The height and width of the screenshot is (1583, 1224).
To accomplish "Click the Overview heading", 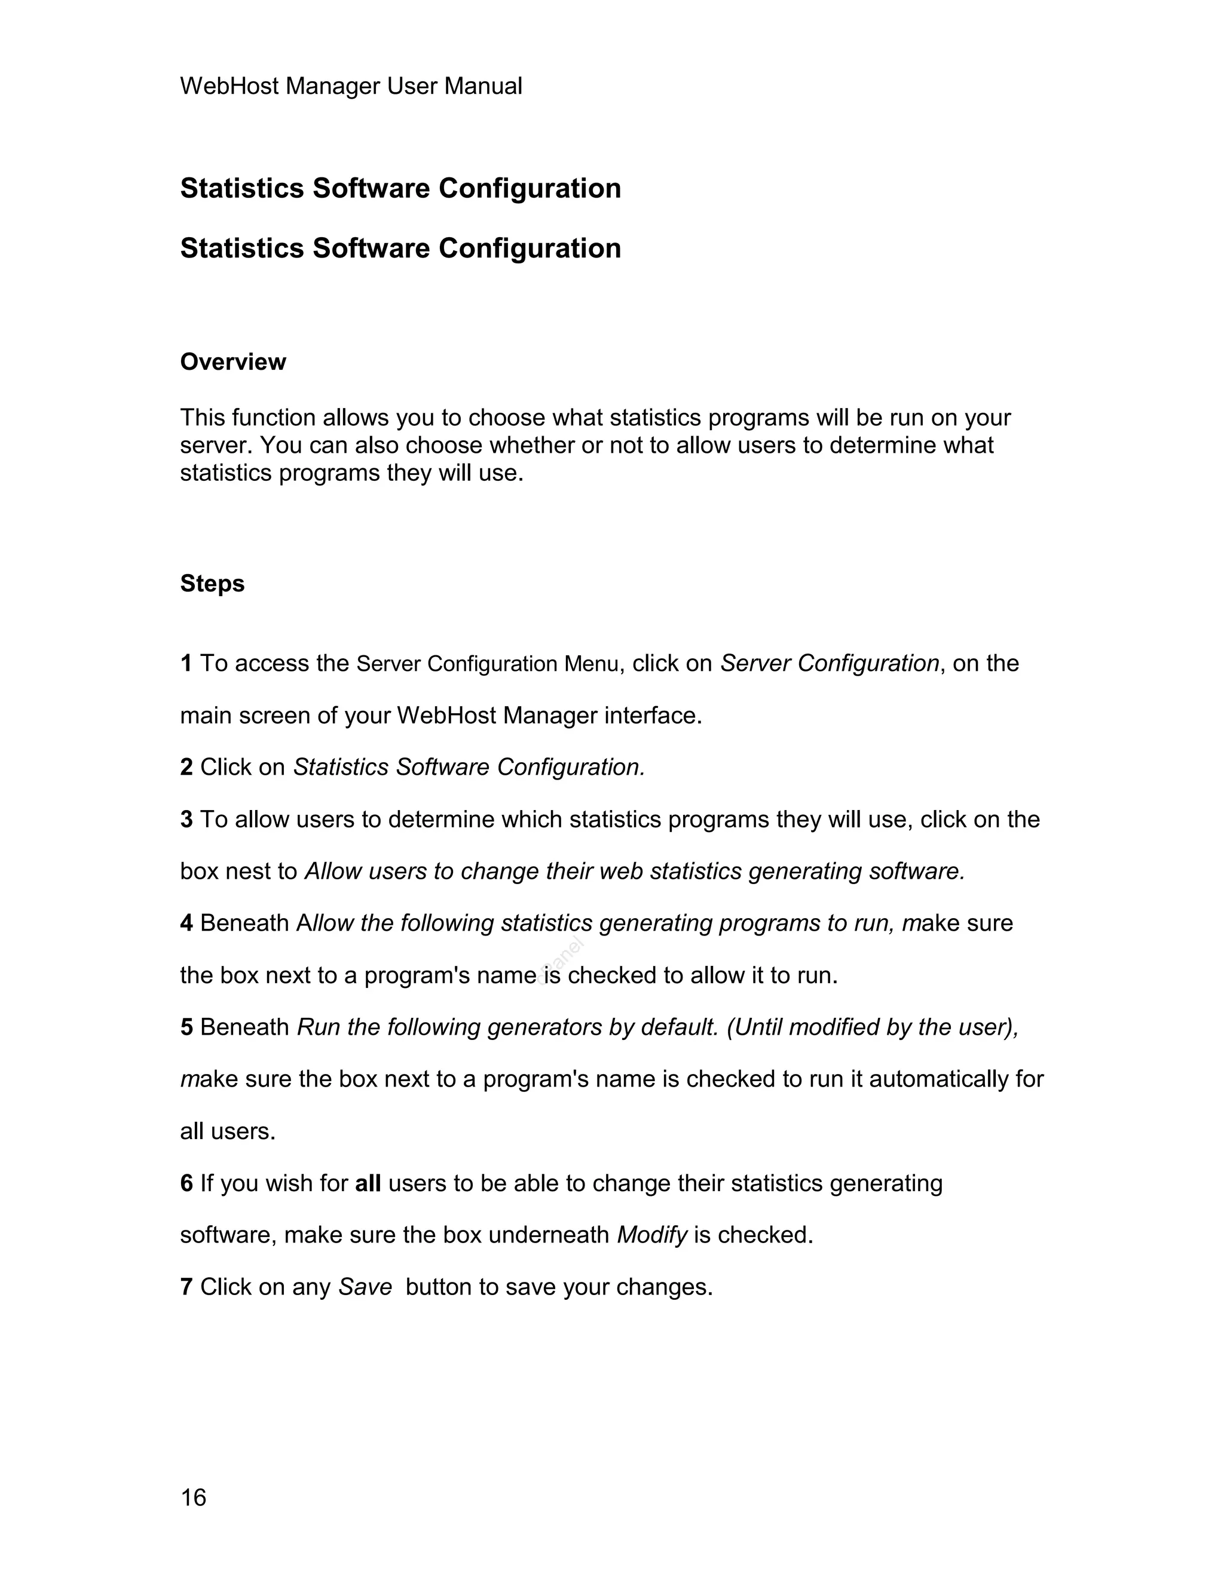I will click(232, 361).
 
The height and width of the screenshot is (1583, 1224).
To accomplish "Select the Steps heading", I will click(212, 584).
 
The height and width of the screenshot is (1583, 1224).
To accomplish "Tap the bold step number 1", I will click(186, 663).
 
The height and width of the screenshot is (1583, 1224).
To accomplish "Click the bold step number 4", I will click(186, 923).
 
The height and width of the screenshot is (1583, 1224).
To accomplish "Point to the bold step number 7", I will click(186, 1287).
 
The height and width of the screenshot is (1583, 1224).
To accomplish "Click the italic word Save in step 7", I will click(365, 1287).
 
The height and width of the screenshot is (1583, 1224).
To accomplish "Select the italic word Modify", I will click(651, 1235).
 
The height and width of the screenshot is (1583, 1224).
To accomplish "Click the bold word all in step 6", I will click(368, 1183).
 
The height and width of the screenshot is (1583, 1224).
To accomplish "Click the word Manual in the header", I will click(483, 86).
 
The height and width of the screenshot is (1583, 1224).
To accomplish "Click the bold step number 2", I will click(186, 767).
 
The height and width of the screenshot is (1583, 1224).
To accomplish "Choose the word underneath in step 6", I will click(548, 1235).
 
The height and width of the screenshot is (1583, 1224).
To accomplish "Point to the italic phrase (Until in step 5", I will click(754, 1027).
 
